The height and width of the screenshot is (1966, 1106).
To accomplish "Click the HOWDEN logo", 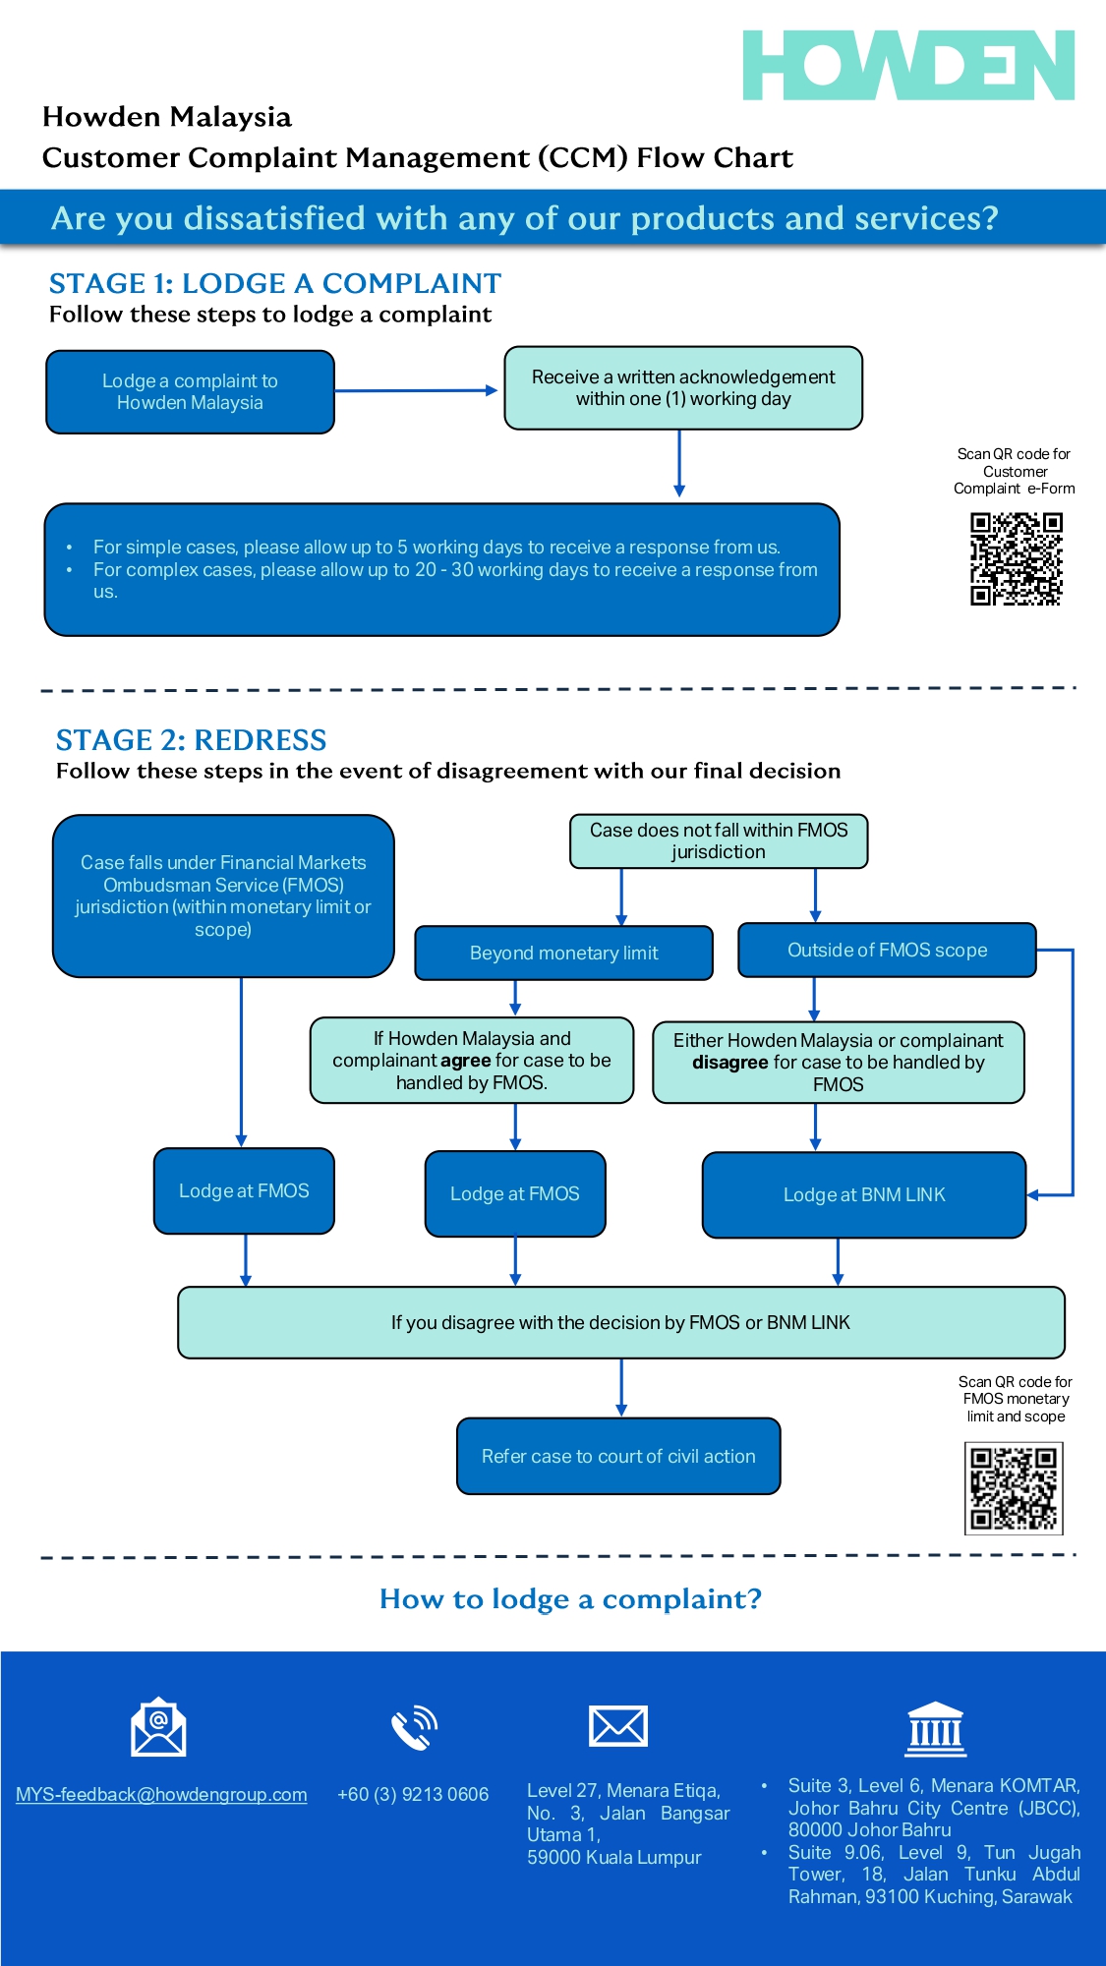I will [907, 65].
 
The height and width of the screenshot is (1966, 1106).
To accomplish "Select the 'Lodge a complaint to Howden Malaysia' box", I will [190, 392].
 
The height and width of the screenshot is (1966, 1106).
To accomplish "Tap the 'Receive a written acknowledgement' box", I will [683, 388].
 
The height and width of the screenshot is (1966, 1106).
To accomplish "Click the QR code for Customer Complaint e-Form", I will [1016, 558].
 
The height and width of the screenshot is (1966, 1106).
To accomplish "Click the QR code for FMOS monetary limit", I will [1014, 1488].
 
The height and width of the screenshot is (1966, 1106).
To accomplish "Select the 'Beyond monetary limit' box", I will [563, 953].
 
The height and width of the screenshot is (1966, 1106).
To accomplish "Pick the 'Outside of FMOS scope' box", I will [887, 950].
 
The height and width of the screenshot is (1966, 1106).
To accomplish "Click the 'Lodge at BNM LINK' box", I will [863, 1194].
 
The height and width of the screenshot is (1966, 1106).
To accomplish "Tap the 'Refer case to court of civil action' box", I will [618, 1456].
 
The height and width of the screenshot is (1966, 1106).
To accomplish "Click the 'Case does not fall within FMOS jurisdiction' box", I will [718, 841].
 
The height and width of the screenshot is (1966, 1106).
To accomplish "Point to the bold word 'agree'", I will [466, 1061].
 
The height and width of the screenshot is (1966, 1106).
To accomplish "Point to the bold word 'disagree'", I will [730, 1063].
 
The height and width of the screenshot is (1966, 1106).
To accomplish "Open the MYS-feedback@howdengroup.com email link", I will [161, 1795].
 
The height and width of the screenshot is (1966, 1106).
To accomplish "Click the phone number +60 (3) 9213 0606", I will [413, 1795].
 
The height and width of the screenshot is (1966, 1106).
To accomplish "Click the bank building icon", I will [935, 1728].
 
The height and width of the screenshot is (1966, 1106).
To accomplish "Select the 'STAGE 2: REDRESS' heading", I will [191, 740].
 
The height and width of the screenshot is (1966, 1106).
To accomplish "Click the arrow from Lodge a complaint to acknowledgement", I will [417, 390].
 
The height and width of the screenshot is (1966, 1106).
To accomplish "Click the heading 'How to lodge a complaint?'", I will [570, 1599].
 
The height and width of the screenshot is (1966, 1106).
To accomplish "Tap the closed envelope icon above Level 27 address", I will [617, 1726].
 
